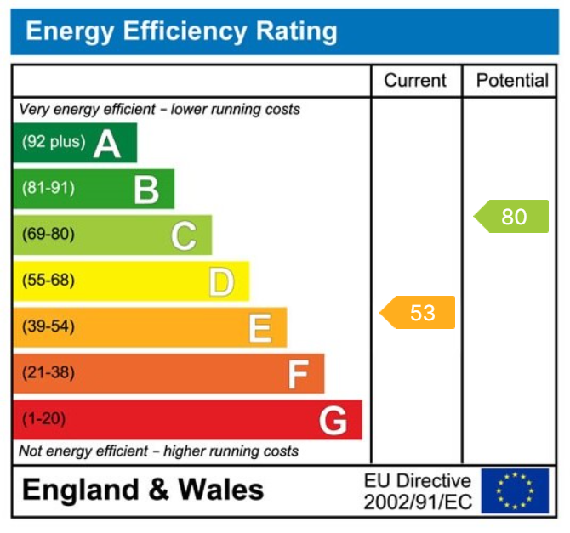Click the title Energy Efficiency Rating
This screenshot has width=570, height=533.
tap(181, 31)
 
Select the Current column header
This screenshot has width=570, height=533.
tap(415, 81)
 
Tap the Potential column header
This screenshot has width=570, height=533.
tap(512, 81)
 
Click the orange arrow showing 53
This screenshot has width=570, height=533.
tap(418, 313)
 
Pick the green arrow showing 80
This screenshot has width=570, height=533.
tap(511, 217)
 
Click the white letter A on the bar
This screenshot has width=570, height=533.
tap(107, 144)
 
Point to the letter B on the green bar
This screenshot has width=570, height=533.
tap(146, 190)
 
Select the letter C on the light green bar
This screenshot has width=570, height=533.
tap(184, 235)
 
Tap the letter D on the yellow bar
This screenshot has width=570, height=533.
tap(221, 281)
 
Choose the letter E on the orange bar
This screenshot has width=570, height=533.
tap(259, 327)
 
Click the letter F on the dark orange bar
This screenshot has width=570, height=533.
tap(298, 373)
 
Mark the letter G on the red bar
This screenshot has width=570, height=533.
tap(333, 420)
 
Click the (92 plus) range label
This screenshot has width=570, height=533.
tap(54, 142)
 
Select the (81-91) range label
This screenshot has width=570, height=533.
tap(48, 188)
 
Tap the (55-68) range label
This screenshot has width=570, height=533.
tap(48, 281)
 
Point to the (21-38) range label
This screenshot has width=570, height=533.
tap(48, 372)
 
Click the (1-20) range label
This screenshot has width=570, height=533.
tap(43, 418)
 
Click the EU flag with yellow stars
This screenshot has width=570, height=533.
tap(515, 490)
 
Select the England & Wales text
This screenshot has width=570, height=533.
tap(143, 490)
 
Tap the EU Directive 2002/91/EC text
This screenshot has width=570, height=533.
tap(417, 491)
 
